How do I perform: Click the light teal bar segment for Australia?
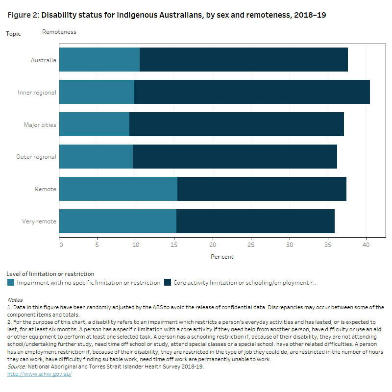coord(99,60)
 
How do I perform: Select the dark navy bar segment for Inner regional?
coord(252,92)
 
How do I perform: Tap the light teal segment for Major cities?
coord(94,124)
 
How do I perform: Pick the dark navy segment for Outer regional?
coord(235,157)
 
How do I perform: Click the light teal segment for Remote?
coord(118,189)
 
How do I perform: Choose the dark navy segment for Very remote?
coord(255,221)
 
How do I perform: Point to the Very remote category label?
coord(39,221)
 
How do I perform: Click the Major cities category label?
coord(40,124)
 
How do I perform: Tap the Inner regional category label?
coord(37,92)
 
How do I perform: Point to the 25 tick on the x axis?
coord(251,245)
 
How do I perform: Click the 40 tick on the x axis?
coord(366,245)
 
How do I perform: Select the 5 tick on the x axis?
coord(98,245)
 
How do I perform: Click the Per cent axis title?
coord(222,256)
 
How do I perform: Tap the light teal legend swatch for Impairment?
coord(11,283)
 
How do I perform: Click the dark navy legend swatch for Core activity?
coord(168,283)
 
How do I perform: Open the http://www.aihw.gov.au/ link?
coord(39,374)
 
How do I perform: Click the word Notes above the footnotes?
coord(15,299)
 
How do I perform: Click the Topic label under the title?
coord(14,33)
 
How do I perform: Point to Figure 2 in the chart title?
coord(23,15)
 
